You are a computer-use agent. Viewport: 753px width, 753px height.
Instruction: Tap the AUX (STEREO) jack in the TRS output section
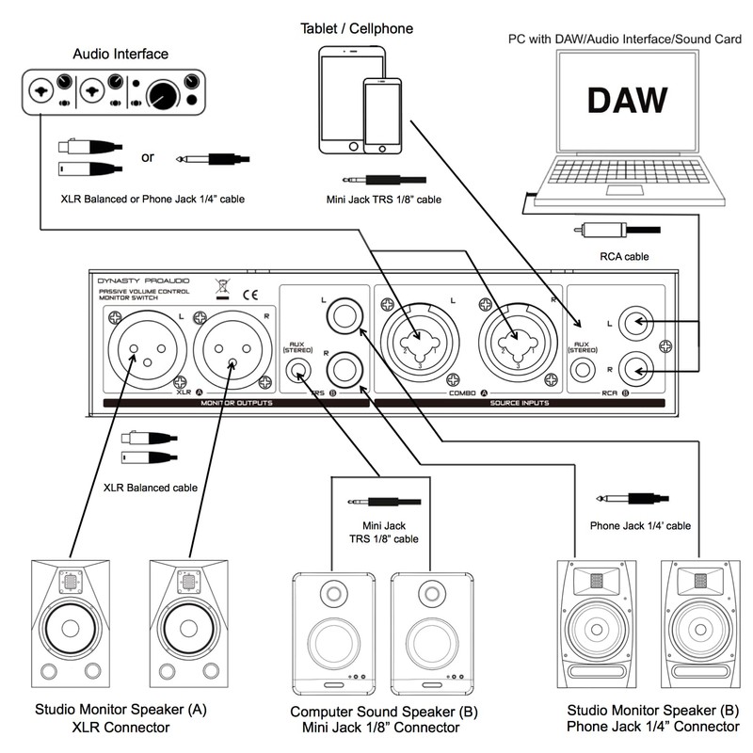point(300,372)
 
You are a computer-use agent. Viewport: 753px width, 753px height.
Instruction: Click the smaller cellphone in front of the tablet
point(382,113)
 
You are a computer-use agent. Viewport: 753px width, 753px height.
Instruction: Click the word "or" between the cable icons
point(148,156)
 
